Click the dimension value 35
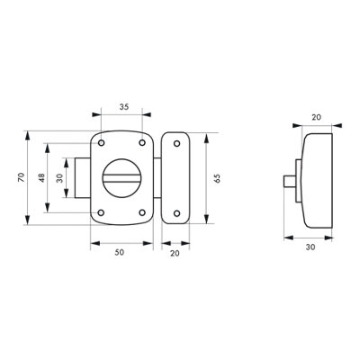(124, 106)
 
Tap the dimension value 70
(21, 177)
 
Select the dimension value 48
(41, 177)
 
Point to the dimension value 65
(217, 178)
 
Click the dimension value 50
(120, 253)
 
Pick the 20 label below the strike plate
(175, 254)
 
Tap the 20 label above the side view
(316, 117)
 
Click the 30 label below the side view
(310, 247)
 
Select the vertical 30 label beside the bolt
(60, 178)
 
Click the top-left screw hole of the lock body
(102, 143)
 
